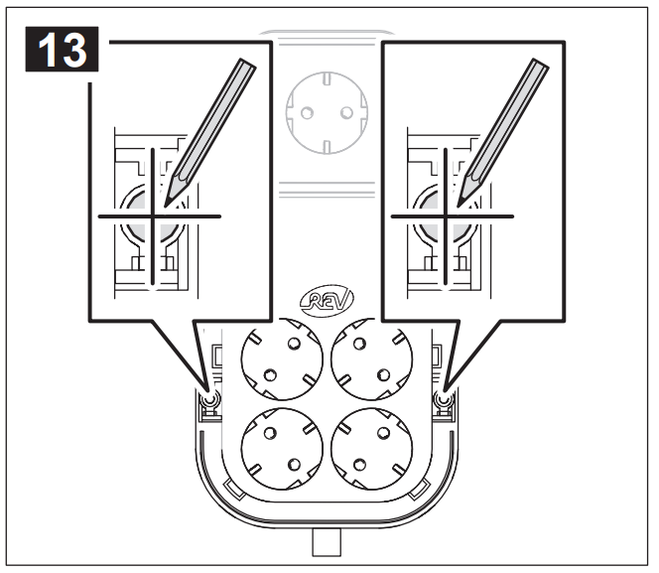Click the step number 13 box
click(x=63, y=50)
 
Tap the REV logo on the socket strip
click(x=327, y=299)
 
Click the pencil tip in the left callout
click(x=165, y=206)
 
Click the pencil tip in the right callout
click(x=459, y=206)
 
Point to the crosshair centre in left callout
click(x=153, y=216)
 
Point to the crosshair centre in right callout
click(x=446, y=216)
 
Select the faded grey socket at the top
click(x=327, y=112)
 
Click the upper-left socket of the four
click(x=282, y=359)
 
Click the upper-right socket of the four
click(x=371, y=359)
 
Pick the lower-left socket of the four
click(x=282, y=449)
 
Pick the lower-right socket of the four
click(x=371, y=449)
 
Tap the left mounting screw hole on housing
click(x=209, y=399)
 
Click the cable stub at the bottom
click(x=327, y=542)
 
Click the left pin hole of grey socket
click(x=308, y=112)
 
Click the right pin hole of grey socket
click(x=346, y=112)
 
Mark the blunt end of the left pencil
click(x=247, y=63)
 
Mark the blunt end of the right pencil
click(x=541, y=63)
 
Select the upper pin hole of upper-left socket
click(x=294, y=344)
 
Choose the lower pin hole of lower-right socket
click(x=359, y=465)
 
